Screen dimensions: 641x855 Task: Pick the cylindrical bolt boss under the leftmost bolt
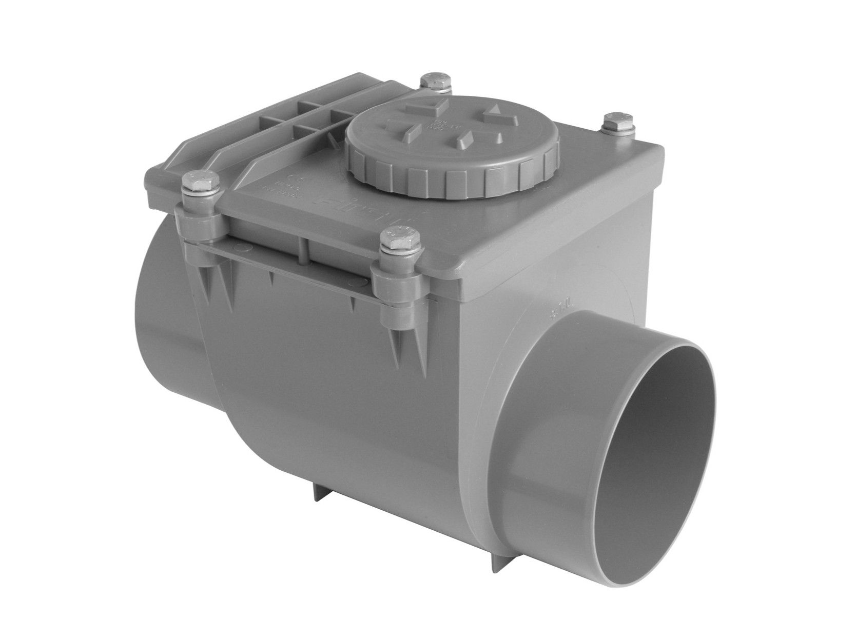click(199, 223)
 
